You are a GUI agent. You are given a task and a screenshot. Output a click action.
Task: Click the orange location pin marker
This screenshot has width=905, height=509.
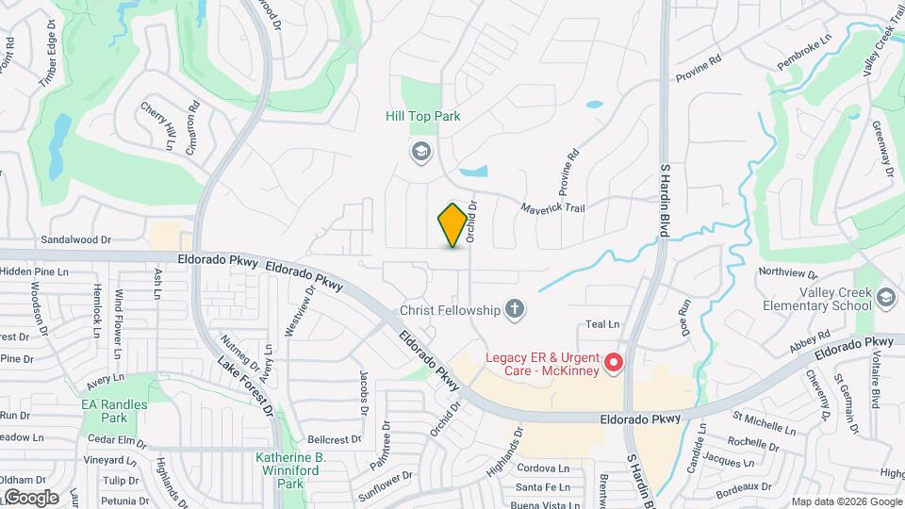[453, 224]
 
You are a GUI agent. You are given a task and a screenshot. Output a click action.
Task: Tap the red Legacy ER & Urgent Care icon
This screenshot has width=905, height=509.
[614, 362]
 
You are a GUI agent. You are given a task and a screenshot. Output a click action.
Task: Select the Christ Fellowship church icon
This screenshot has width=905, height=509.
[514, 308]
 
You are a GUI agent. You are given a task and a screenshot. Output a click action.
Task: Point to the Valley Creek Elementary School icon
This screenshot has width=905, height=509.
[885, 299]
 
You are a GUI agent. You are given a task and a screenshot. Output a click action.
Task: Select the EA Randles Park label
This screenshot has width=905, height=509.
[104, 410]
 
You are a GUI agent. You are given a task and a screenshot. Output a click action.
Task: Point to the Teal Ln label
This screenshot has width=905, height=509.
[601, 323]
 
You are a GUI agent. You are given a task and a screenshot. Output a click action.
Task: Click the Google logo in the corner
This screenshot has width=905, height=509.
[30, 497]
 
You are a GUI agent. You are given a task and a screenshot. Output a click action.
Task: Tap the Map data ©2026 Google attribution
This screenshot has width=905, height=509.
[846, 501]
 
